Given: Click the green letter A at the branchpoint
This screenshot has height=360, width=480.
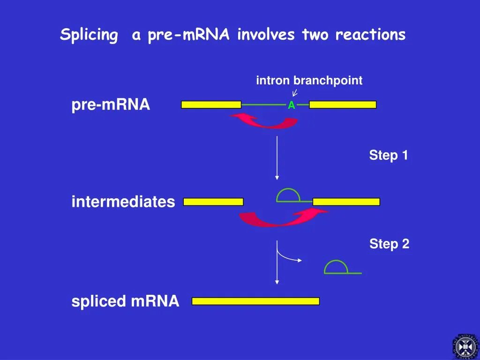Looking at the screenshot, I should pyautogui.click(x=291, y=105).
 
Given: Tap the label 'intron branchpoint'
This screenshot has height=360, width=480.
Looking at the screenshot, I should pyautogui.click(x=309, y=81).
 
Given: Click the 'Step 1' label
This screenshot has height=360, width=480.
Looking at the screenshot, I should pyautogui.click(x=388, y=156).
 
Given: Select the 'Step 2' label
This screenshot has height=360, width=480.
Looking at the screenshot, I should pyautogui.click(x=389, y=244).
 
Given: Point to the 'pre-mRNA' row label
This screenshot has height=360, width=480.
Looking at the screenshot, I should pyautogui.click(x=111, y=105).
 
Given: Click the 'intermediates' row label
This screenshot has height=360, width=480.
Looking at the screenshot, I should pyautogui.click(x=123, y=202).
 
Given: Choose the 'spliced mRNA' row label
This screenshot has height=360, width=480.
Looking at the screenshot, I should pyautogui.click(x=125, y=301).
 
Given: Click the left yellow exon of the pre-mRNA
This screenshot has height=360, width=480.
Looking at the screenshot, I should pyautogui.click(x=211, y=105).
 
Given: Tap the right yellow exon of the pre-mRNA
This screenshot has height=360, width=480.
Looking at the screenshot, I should pyautogui.click(x=343, y=105).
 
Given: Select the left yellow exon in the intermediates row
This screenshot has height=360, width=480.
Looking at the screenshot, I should pyautogui.click(x=213, y=202).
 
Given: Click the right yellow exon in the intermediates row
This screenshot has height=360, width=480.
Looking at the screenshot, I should pyautogui.click(x=346, y=202).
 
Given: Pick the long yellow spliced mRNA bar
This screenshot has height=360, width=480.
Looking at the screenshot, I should pyautogui.click(x=255, y=301).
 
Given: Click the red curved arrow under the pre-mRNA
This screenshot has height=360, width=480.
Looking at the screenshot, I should pyautogui.click(x=265, y=122).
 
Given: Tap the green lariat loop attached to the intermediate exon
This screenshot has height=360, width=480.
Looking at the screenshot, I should pyautogui.click(x=288, y=195).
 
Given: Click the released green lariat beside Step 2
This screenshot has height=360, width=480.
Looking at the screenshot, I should pyautogui.click(x=337, y=267).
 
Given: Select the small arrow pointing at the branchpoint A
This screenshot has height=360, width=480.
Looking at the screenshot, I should pyautogui.click(x=295, y=93).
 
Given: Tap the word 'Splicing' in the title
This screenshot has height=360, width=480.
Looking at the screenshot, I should pyautogui.click(x=89, y=35).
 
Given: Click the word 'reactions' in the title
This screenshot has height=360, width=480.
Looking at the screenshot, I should pyautogui.click(x=370, y=35).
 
